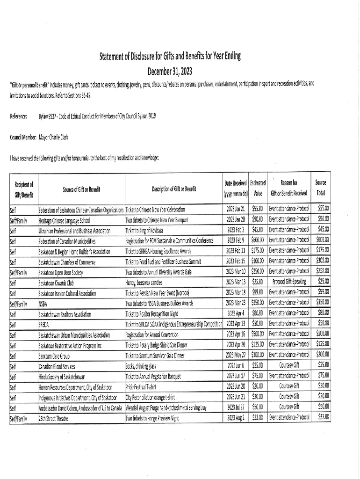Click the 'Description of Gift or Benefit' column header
point(174,189)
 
